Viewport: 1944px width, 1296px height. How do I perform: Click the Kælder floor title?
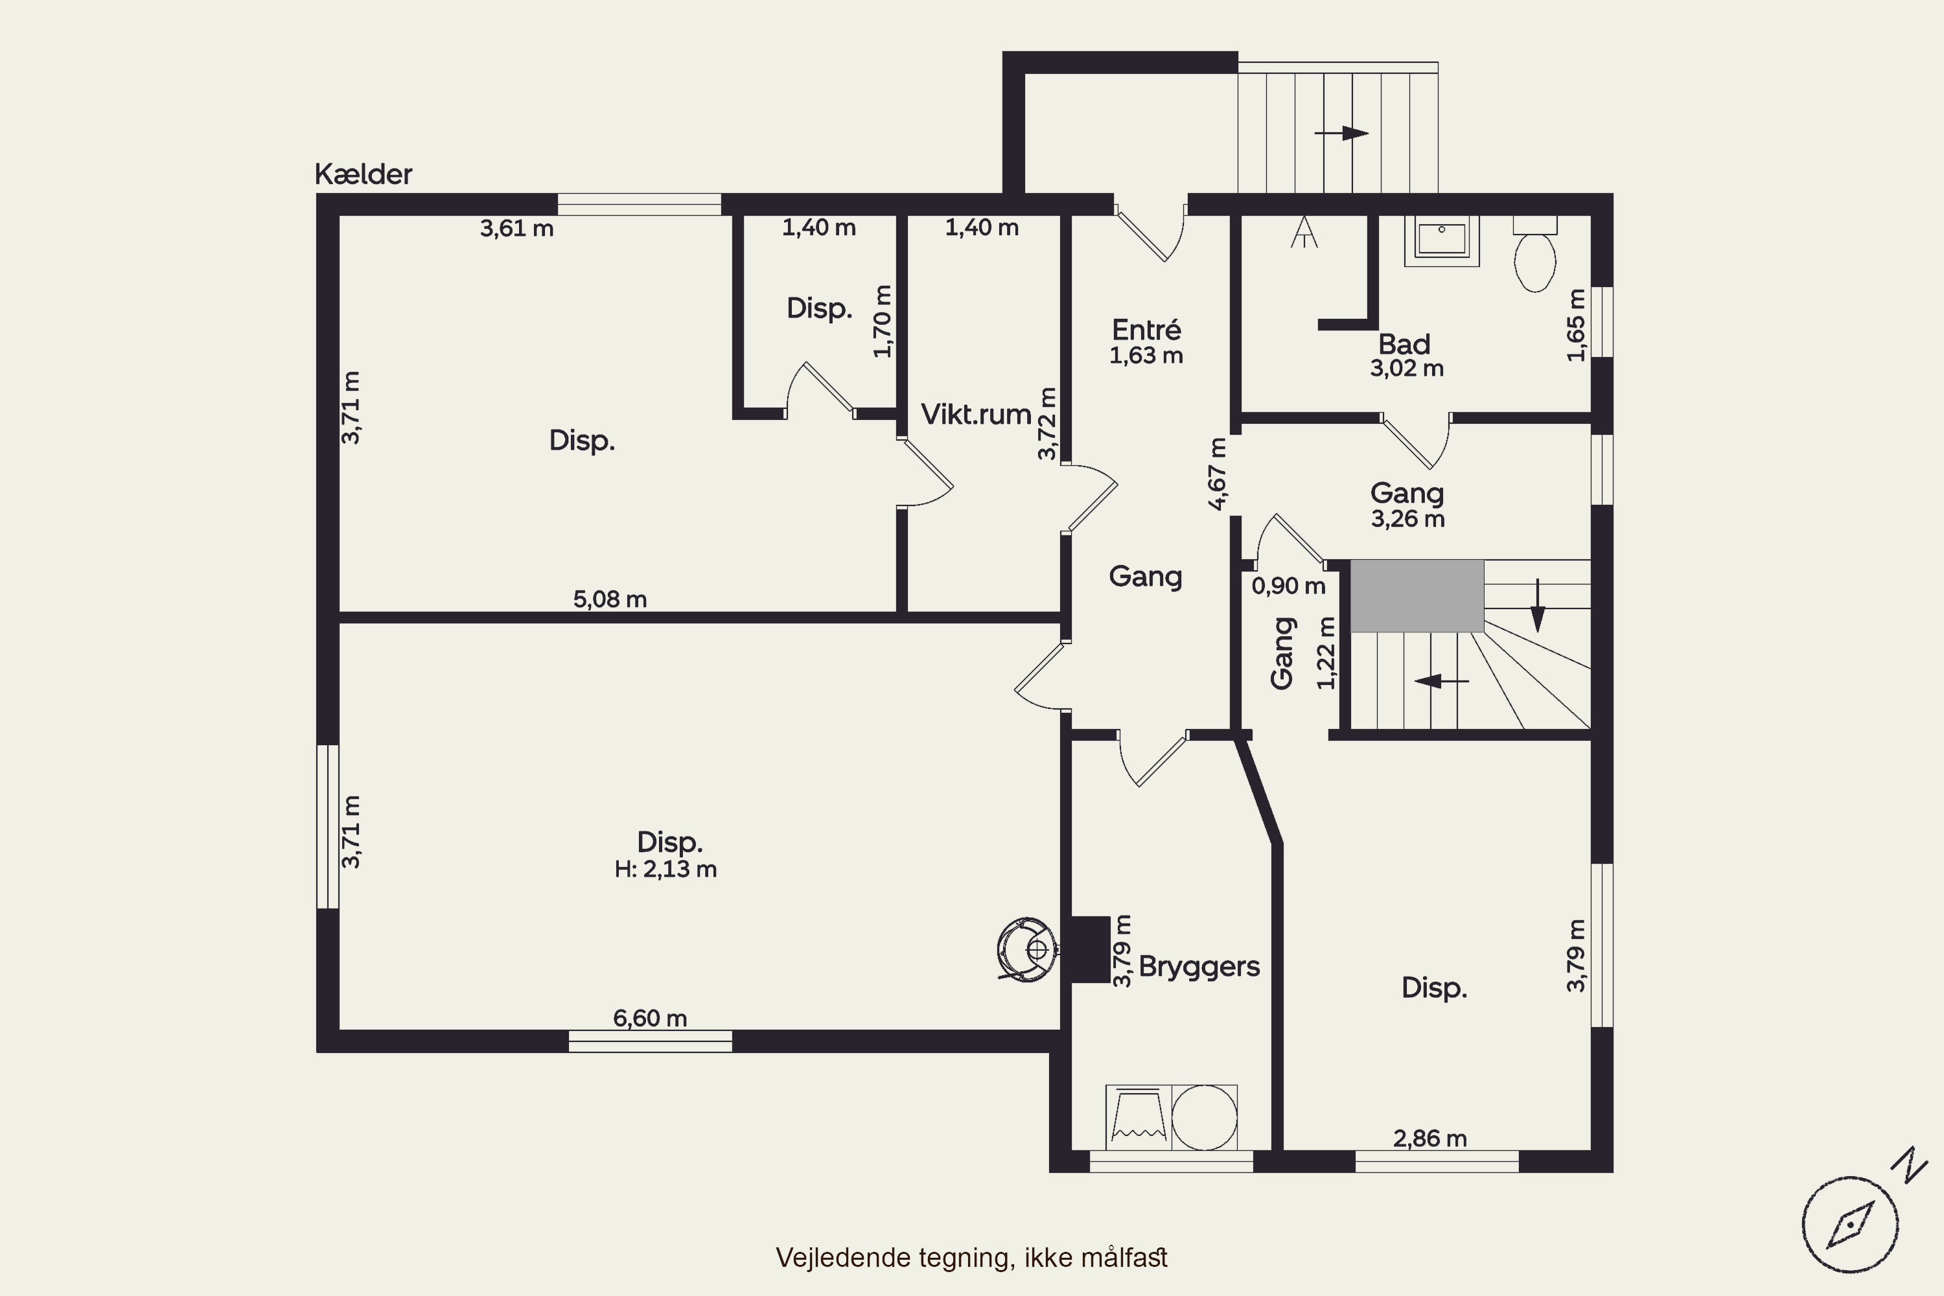click(363, 174)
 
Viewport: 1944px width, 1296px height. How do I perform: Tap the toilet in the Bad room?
click(1535, 254)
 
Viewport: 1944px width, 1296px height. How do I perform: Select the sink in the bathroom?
click(1441, 240)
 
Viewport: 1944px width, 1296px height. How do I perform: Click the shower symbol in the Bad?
click(1304, 231)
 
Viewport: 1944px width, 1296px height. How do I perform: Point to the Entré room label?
click(1146, 330)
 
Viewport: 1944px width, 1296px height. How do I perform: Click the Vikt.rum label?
click(976, 414)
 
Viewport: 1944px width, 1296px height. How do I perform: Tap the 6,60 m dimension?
click(650, 1018)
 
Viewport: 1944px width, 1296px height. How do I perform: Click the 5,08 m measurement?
click(610, 599)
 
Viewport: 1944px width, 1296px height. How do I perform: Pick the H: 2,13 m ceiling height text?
click(665, 870)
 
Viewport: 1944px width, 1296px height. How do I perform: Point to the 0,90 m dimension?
click(1289, 586)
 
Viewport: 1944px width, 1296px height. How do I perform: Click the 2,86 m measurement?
click(1430, 1139)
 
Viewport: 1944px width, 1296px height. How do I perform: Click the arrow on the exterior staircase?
click(1341, 133)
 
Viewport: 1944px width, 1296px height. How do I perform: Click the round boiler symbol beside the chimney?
click(1026, 949)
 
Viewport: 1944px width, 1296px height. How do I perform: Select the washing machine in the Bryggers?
click(1137, 1117)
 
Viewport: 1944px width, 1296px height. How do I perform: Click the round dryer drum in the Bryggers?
click(1204, 1117)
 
